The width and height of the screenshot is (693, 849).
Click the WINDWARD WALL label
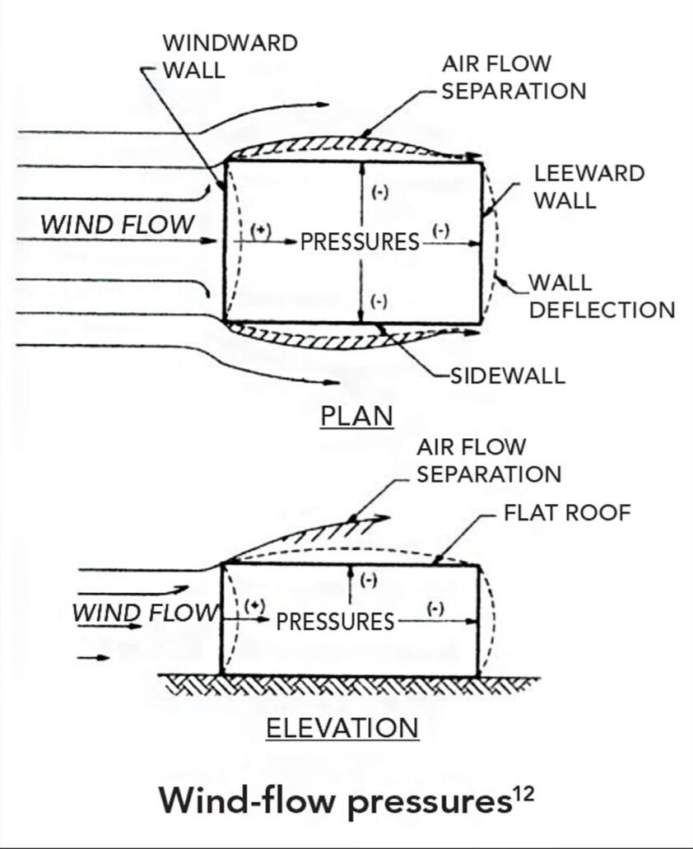click(x=229, y=55)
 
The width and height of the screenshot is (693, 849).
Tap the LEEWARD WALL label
click(x=588, y=186)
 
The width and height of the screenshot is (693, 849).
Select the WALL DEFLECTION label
click(x=601, y=296)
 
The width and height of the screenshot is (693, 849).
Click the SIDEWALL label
click(x=508, y=376)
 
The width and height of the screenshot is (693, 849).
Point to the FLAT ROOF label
click(x=567, y=513)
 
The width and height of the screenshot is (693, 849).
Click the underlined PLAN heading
click(x=356, y=416)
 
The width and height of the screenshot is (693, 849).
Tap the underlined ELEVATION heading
click(x=342, y=728)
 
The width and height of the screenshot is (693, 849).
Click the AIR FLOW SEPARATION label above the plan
click(x=514, y=77)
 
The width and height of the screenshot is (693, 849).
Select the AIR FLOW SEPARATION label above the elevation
click(x=488, y=460)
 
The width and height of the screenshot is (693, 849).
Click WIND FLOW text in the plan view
click(x=119, y=224)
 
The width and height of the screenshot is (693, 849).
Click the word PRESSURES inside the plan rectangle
click(x=360, y=242)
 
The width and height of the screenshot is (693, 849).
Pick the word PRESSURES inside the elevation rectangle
click(x=335, y=622)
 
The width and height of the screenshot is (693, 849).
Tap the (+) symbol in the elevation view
click(x=256, y=605)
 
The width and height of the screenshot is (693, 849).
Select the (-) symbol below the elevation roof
click(x=369, y=580)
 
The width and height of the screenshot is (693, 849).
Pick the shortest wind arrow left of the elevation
click(x=93, y=658)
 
